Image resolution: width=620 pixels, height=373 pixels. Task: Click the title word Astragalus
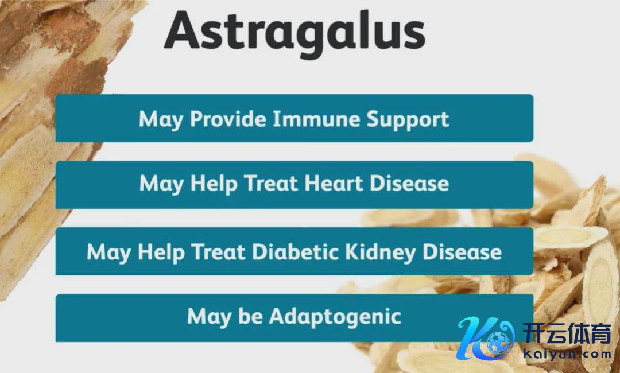click(294, 32)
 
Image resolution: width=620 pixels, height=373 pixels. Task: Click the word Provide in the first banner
click(228, 119)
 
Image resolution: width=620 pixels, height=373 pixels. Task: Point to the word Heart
click(334, 183)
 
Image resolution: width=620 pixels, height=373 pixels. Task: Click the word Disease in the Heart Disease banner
click(409, 183)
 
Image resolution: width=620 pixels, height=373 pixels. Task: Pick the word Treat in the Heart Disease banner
click(270, 183)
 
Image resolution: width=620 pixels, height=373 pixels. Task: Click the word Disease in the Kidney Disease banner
click(462, 252)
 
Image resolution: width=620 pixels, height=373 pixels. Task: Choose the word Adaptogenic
click(335, 317)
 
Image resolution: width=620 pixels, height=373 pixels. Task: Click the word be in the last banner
click(251, 316)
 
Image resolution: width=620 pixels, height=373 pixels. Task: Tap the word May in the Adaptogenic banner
click(210, 317)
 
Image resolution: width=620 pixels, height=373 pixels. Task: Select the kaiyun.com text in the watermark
click(567, 353)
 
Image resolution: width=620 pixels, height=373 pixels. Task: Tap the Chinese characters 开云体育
click(567, 333)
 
